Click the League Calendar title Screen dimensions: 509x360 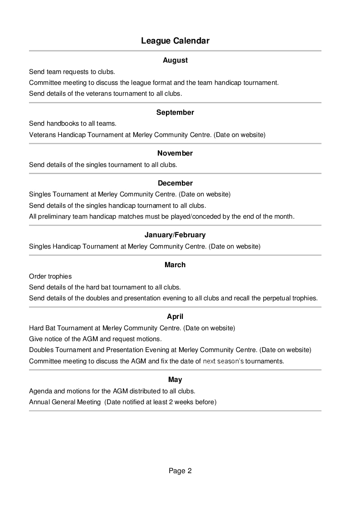[175, 41]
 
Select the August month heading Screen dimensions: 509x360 [175, 60]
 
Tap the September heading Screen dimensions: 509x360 [175, 112]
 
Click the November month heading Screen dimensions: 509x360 [175, 153]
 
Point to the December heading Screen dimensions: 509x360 [175, 183]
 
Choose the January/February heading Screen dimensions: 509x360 [175, 235]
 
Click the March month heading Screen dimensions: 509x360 [175, 264]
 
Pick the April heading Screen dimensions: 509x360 [175, 316]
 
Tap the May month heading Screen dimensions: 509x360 [175, 380]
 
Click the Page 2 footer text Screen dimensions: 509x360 [180, 471]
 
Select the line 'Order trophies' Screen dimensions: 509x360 [50, 276]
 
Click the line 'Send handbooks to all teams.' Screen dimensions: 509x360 [73, 123]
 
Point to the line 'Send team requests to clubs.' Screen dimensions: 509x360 [72, 72]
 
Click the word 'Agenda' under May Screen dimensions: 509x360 [40, 391]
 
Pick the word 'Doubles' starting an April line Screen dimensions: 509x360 [41, 350]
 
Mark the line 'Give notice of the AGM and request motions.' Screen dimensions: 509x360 [95, 339]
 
